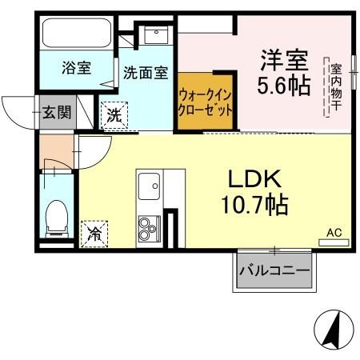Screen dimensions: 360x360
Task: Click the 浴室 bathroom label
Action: pos(75,68)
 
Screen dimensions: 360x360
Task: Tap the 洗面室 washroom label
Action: pos(145,73)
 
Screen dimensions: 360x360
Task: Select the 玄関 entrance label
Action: pos(56,113)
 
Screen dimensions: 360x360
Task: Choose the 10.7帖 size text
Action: pos(255,206)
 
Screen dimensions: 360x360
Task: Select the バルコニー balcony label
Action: pos(274,272)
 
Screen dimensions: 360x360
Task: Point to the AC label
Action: pos(334,233)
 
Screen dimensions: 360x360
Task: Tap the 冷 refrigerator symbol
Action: pos(94,234)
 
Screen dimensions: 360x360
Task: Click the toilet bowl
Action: pos(57,218)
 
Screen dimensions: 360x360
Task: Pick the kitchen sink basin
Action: pos(150,189)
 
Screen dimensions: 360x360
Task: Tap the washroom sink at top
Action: pos(155,34)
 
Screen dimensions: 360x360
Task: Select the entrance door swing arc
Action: pos(18,108)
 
